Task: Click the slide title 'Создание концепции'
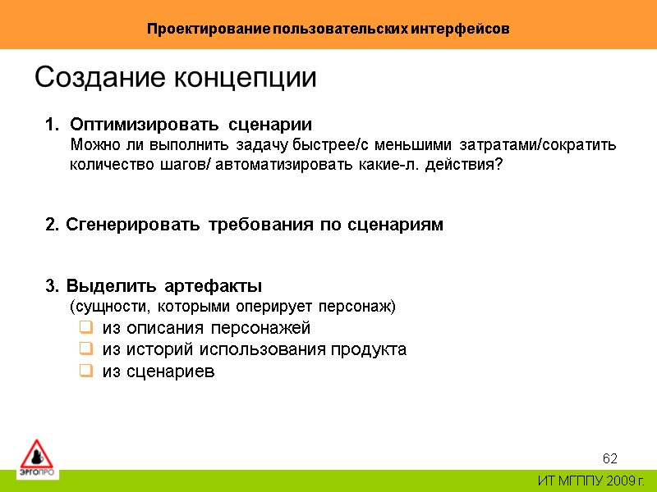click(175, 78)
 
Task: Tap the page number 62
click(609, 458)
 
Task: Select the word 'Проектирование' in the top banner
click(209, 29)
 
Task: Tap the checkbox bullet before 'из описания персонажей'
click(85, 329)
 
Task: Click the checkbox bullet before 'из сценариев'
click(85, 371)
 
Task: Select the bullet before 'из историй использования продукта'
click(85, 350)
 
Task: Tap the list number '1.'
click(53, 125)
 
